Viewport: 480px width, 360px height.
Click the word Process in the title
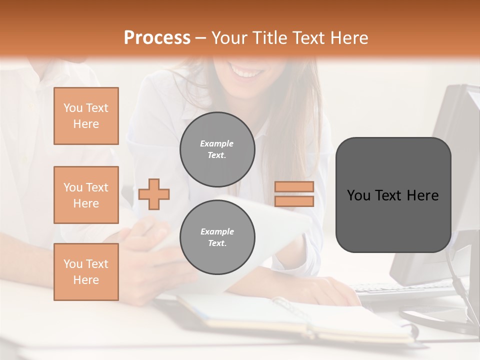coord(157,38)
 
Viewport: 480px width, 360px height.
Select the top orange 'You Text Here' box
coord(86,116)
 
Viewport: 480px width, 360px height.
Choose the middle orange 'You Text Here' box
coord(86,195)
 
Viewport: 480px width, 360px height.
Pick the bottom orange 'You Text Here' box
coord(86,271)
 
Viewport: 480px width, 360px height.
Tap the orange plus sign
coord(153,193)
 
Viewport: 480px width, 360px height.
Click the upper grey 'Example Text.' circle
coord(217,149)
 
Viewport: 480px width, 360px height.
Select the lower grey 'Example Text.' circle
coord(217,237)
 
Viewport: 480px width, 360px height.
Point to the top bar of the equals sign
coord(294,186)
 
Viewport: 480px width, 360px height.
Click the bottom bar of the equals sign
coord(294,201)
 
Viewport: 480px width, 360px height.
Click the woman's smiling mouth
coord(248,73)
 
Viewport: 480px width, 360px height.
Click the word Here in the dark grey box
coord(422,195)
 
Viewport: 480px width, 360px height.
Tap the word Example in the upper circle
coord(216,143)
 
